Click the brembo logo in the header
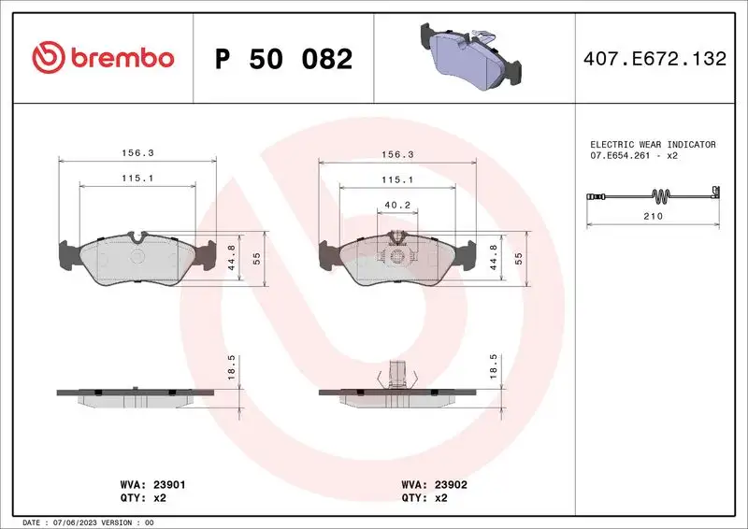103,58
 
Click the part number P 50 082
283,59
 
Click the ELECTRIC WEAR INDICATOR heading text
653,145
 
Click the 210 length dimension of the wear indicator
653,216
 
